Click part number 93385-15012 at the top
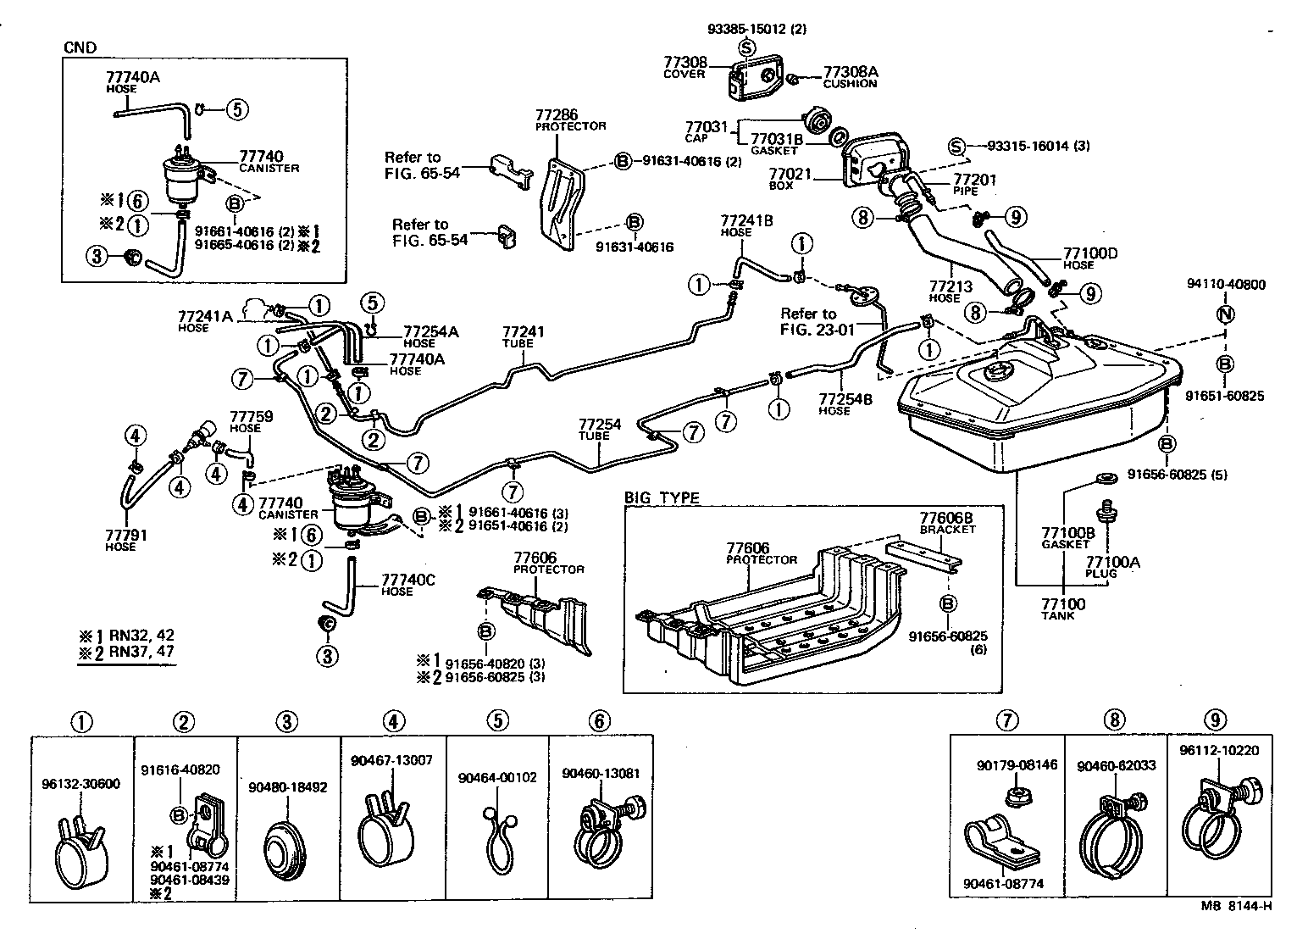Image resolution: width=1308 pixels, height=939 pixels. (757, 28)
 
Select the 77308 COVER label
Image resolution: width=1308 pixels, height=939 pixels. (684, 67)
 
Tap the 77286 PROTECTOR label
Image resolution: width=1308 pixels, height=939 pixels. (570, 119)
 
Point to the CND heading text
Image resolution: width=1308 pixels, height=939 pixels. (80, 47)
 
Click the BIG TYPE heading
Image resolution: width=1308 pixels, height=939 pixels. (662, 497)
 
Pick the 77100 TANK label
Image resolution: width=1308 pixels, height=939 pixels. (1062, 608)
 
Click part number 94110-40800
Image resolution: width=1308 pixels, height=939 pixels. (1226, 285)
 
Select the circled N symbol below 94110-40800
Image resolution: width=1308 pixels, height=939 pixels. (1226, 314)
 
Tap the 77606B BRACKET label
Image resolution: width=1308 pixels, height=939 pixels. (947, 522)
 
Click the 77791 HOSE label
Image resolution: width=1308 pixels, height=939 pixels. (120, 540)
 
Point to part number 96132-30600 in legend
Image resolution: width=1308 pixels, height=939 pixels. (80, 784)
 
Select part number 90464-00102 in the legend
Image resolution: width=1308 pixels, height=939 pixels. (497, 777)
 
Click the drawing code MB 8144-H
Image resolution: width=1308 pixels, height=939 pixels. (1236, 905)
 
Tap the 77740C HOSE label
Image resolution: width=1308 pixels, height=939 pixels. (407, 584)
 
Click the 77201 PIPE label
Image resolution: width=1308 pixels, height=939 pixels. (975, 185)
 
